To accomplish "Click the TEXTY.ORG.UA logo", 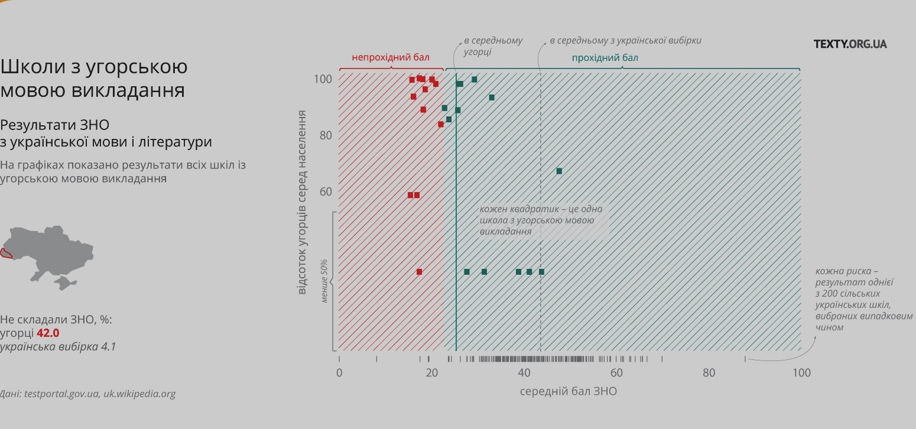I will tap(850, 44).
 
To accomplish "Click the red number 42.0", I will tap(48, 333).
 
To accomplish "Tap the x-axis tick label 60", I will tap(616, 373).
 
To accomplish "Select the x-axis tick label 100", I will tap(801, 373).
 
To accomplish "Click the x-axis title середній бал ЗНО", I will tap(568, 391).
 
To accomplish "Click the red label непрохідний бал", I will tap(391, 57).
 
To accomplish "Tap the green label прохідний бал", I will tap(605, 58).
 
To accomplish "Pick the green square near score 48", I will tap(559, 171).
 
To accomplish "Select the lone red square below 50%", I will tap(419, 272).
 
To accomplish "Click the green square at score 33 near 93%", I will tap(492, 97).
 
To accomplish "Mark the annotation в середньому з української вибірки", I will tap(625, 41).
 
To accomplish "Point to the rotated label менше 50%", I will tap(324, 281).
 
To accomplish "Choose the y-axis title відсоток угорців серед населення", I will tap(302, 201).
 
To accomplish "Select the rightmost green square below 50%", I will tap(541, 272).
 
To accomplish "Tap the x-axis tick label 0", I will tap(339, 373).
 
